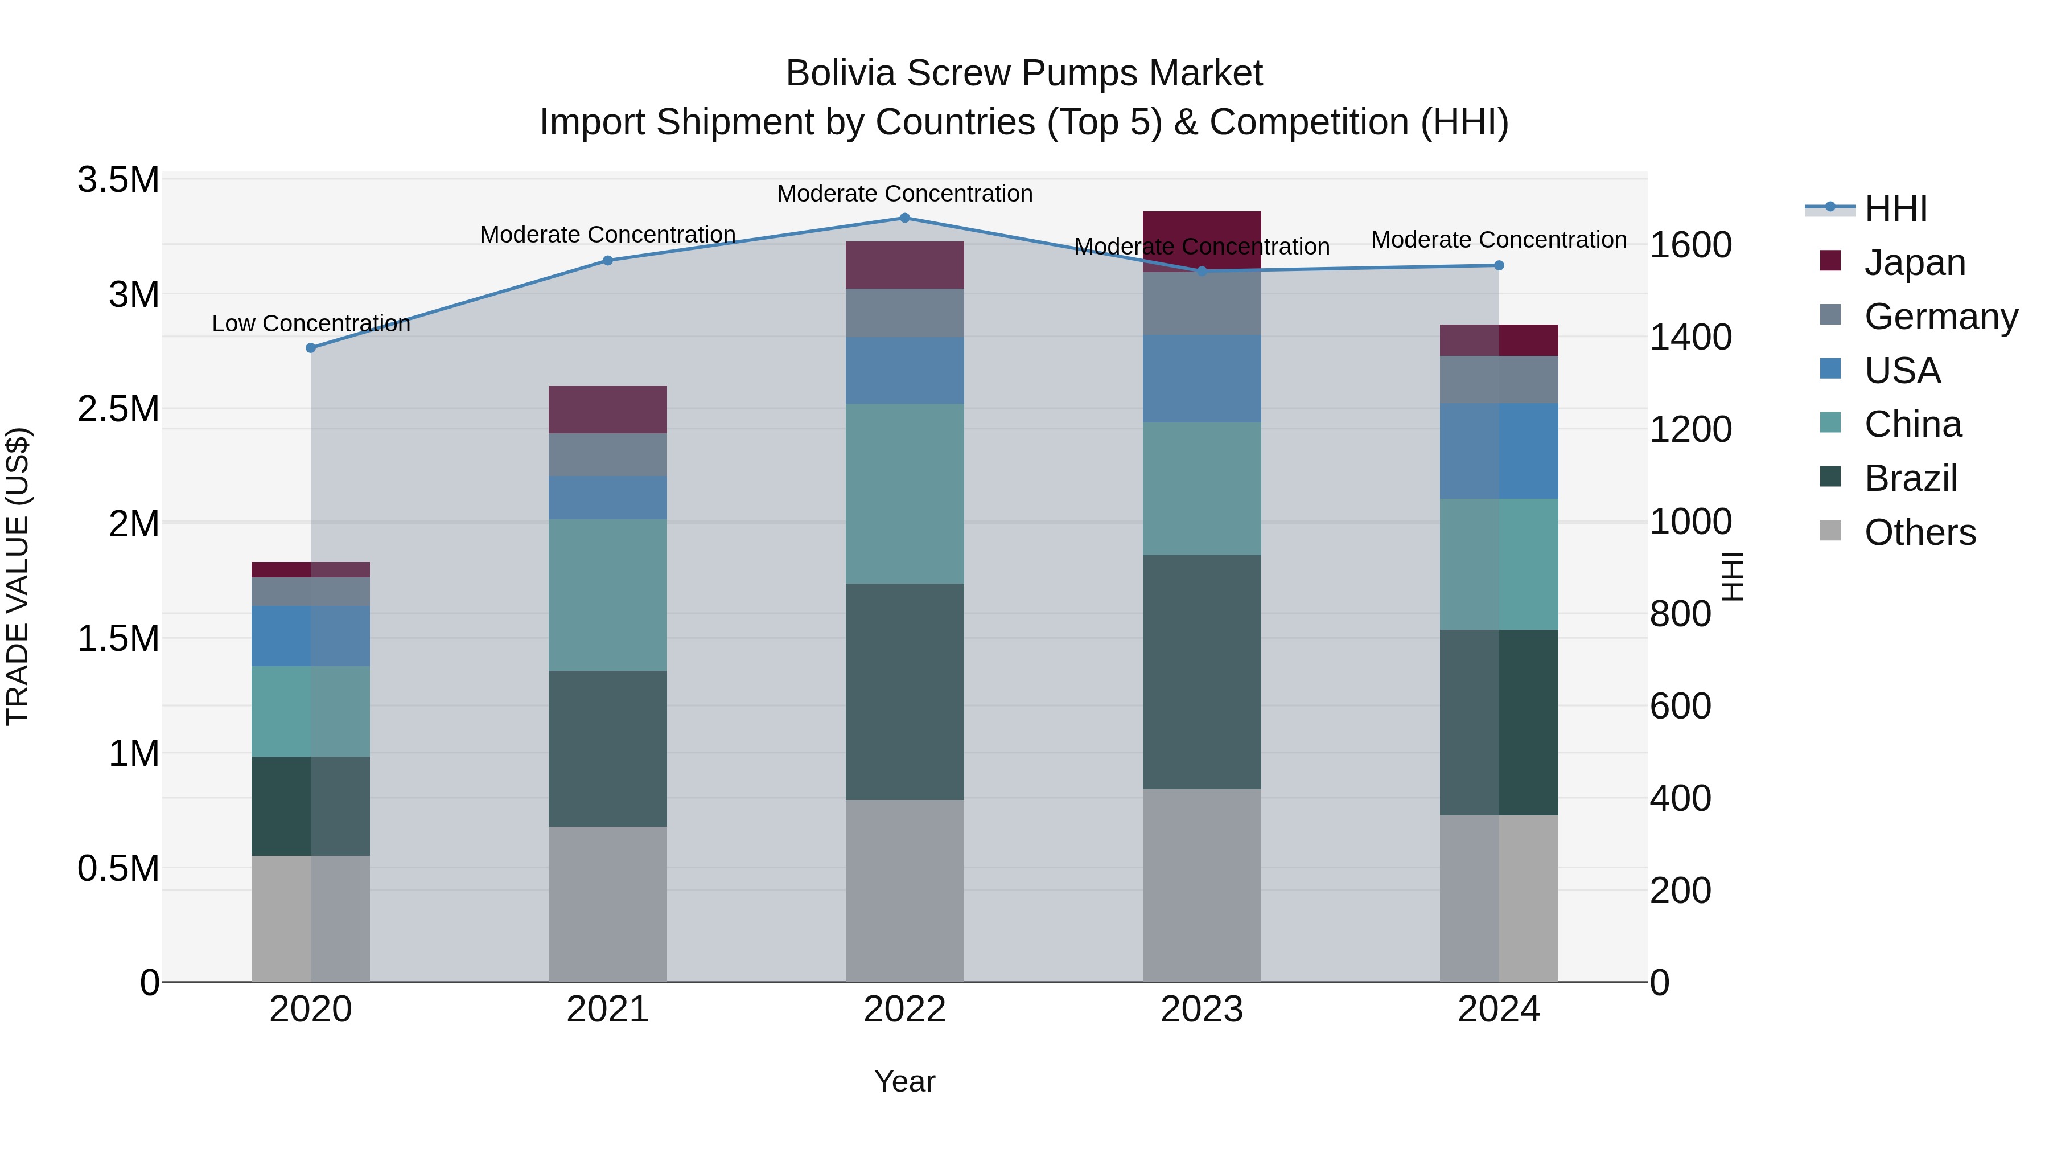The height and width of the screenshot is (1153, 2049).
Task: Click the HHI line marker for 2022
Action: point(904,218)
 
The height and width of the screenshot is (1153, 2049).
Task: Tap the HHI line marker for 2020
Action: point(311,348)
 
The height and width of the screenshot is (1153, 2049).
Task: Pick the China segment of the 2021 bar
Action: point(608,594)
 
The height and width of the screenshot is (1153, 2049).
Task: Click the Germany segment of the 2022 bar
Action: point(904,312)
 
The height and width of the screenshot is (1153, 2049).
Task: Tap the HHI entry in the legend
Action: point(1895,208)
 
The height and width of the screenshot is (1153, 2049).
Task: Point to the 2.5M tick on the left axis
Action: point(118,409)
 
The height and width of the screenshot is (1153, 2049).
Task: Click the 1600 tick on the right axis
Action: point(1690,245)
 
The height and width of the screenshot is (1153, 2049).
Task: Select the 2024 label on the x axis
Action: point(1499,1009)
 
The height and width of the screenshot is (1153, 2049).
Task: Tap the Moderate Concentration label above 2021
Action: point(608,235)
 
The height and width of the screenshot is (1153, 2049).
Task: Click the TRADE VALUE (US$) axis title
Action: point(18,576)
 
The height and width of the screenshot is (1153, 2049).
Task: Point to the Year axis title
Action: point(904,1081)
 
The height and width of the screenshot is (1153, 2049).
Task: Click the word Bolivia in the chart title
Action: point(840,73)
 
